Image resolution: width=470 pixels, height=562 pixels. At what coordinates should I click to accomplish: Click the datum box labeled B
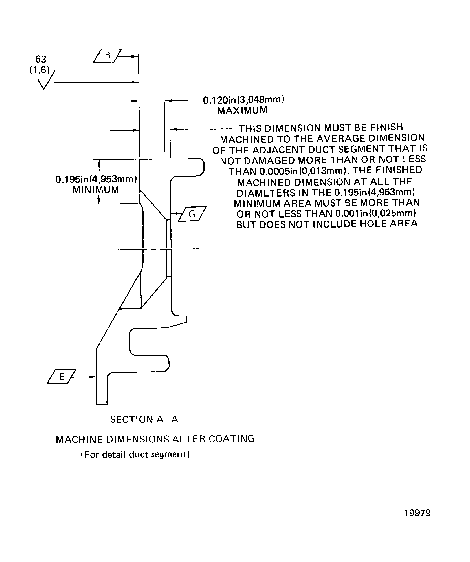coord(107,56)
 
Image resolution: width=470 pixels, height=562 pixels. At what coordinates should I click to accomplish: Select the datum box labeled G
coord(192,214)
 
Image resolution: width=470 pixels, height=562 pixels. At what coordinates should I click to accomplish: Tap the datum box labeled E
coord(61,377)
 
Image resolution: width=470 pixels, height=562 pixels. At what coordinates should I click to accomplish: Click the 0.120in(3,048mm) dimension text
coord(243,100)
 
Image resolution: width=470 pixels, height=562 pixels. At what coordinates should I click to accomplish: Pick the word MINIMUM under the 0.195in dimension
coord(96,190)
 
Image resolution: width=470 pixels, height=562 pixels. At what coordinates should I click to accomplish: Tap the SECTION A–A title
coord(144,419)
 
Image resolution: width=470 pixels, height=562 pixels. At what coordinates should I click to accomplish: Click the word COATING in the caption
coord(231,439)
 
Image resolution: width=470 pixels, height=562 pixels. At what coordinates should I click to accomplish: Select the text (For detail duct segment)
coord(135,454)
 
